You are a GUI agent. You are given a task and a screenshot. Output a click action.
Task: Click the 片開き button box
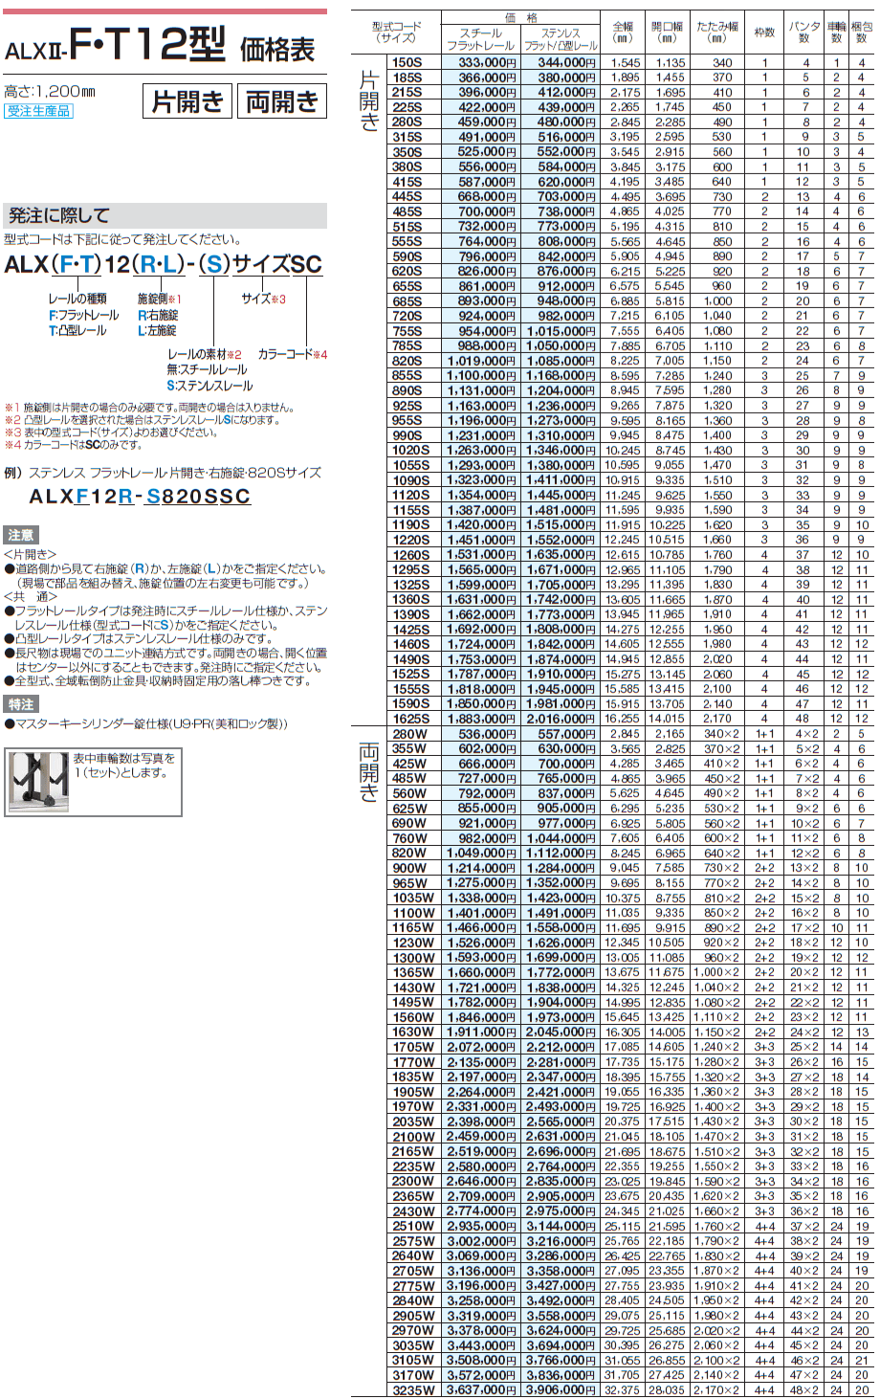(187, 101)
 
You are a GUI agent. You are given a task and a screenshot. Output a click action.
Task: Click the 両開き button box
(281, 101)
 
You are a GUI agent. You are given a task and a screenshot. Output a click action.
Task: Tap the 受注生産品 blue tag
(38, 111)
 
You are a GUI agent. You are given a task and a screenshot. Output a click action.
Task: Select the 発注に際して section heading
(59, 215)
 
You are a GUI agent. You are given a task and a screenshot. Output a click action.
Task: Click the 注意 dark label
(20, 535)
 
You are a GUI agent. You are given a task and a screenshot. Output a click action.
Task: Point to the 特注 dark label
(20, 704)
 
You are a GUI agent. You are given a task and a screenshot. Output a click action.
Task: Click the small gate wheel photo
(39, 782)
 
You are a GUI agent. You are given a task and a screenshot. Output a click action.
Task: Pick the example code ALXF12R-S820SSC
(140, 497)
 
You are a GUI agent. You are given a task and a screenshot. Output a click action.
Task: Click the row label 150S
(407, 62)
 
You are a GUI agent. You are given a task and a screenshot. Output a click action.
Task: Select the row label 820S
(407, 361)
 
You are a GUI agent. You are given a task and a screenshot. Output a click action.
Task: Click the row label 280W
(409, 734)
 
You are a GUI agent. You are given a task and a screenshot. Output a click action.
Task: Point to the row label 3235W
(413, 1390)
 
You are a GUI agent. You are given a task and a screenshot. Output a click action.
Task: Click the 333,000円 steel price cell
(480, 62)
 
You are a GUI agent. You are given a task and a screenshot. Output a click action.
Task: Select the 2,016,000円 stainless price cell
(561, 719)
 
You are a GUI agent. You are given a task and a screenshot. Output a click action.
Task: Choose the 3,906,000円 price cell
(561, 1390)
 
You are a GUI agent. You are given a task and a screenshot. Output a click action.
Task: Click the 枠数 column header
(764, 33)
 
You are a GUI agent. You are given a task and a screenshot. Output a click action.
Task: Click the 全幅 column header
(624, 33)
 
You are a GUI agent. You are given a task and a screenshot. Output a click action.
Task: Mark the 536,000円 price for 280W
(480, 734)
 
